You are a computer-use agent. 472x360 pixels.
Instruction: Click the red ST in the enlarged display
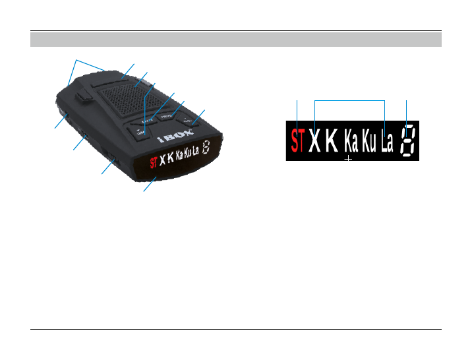tap(298, 141)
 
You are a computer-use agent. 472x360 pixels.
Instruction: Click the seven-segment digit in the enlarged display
tap(408, 141)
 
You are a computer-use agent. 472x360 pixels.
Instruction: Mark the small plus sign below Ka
tap(349, 159)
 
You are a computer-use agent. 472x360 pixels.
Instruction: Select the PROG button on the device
tap(167, 117)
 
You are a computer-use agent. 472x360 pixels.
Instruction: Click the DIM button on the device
tap(140, 135)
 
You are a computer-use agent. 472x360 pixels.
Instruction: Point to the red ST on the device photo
tap(154, 161)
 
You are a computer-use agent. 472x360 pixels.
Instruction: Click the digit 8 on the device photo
tap(207, 148)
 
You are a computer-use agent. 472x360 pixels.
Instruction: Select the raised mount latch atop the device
tap(84, 96)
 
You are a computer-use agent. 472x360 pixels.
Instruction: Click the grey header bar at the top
tap(235, 40)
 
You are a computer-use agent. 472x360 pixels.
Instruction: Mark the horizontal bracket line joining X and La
tap(349, 100)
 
